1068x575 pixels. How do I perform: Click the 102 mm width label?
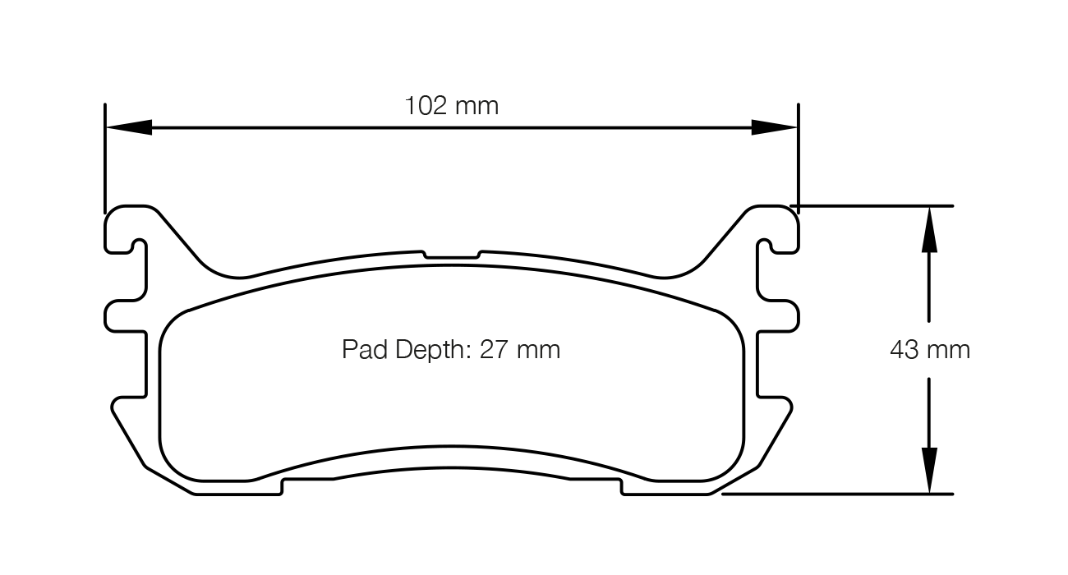point(451,106)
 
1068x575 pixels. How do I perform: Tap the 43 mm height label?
point(929,350)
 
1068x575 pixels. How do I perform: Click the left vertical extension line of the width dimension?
point(105,156)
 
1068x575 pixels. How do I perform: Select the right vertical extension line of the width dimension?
point(798,156)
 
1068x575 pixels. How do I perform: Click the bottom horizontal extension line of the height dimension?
point(838,494)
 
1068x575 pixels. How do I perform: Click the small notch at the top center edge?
point(452,255)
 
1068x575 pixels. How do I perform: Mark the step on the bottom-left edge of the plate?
point(282,486)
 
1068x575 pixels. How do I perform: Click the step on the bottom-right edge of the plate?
point(622,486)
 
